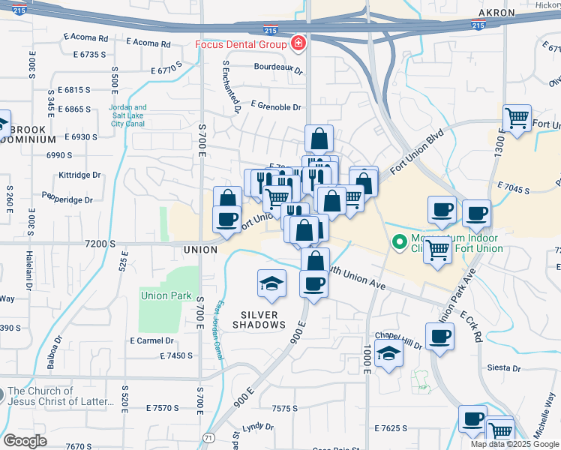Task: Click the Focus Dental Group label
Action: coord(241,43)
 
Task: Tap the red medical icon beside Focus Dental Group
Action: coord(298,43)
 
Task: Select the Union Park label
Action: coord(166,295)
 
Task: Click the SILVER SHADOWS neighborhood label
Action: coord(259,319)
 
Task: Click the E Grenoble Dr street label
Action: coord(275,106)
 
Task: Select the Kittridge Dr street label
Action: coord(79,175)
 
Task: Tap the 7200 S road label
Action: coord(100,244)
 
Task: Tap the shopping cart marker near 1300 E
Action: coord(517,118)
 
